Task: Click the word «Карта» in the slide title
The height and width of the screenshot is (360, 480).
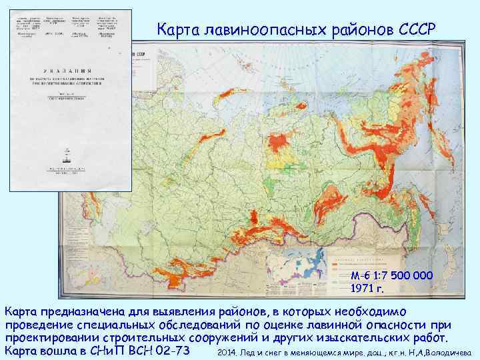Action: pos(175,30)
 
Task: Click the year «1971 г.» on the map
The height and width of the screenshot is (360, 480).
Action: pos(367,289)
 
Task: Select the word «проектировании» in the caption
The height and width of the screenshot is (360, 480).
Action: pos(50,337)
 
